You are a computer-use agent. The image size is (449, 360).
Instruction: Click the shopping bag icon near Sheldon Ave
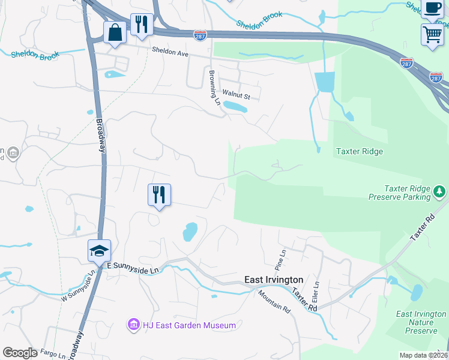pos(115,32)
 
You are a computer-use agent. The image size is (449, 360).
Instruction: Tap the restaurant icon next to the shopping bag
pos(142,25)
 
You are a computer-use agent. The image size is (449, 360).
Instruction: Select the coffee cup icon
pos(432,8)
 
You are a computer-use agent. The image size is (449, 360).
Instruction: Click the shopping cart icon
pos(432,34)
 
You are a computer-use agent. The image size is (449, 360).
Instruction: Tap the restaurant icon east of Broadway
pos(159,195)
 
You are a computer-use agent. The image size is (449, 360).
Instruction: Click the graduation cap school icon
pos(99,251)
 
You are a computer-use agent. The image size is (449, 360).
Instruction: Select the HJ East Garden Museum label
pos(189,325)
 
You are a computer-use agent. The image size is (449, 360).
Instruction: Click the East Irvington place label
pos(274,280)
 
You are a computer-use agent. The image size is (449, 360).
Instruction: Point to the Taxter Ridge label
pos(359,152)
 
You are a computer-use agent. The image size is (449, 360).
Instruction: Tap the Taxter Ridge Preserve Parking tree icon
pos(440,192)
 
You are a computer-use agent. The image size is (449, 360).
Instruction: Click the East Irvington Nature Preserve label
pos(421,322)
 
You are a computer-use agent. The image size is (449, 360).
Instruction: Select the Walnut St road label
pos(235,94)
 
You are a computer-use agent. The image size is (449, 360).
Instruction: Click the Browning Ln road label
pos(214,87)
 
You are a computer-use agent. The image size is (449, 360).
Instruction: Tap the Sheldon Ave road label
pos(170,53)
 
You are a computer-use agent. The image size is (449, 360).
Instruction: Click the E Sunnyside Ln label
pos(133,267)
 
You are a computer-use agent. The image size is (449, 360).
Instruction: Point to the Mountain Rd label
pos(274,301)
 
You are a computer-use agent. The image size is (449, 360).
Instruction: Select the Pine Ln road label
pos(280,259)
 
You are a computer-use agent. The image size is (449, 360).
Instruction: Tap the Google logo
pos(20,353)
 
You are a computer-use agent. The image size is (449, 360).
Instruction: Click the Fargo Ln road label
pos(53,354)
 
